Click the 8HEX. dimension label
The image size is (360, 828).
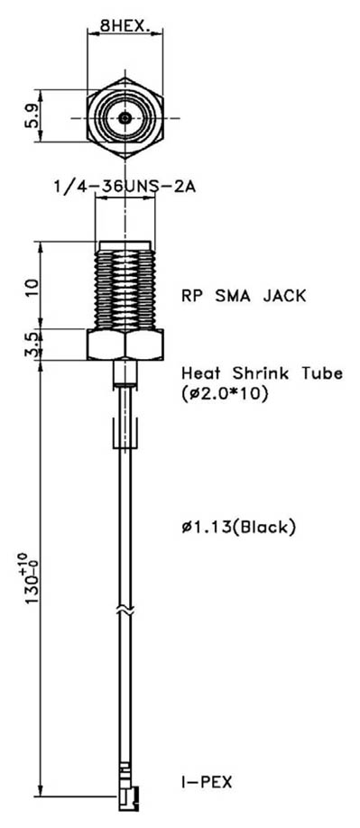tap(127, 26)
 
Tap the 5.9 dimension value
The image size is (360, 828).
tap(33, 117)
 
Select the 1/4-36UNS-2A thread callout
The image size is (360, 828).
tap(125, 187)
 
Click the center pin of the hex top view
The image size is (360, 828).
tap(125, 117)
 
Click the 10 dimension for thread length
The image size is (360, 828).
tap(33, 288)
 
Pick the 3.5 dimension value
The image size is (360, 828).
tap(33, 345)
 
